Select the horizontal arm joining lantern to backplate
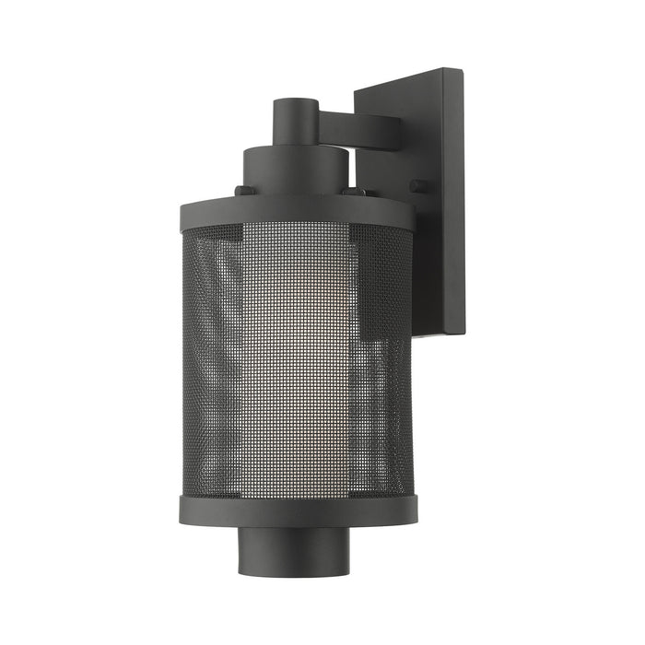coord(359,129)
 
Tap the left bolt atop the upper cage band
coord(243,191)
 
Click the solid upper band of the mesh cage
coord(295,212)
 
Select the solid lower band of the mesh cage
coord(298,510)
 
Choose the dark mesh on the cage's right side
coord(387,387)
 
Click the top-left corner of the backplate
coord(356,89)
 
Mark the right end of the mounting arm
coord(398,130)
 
